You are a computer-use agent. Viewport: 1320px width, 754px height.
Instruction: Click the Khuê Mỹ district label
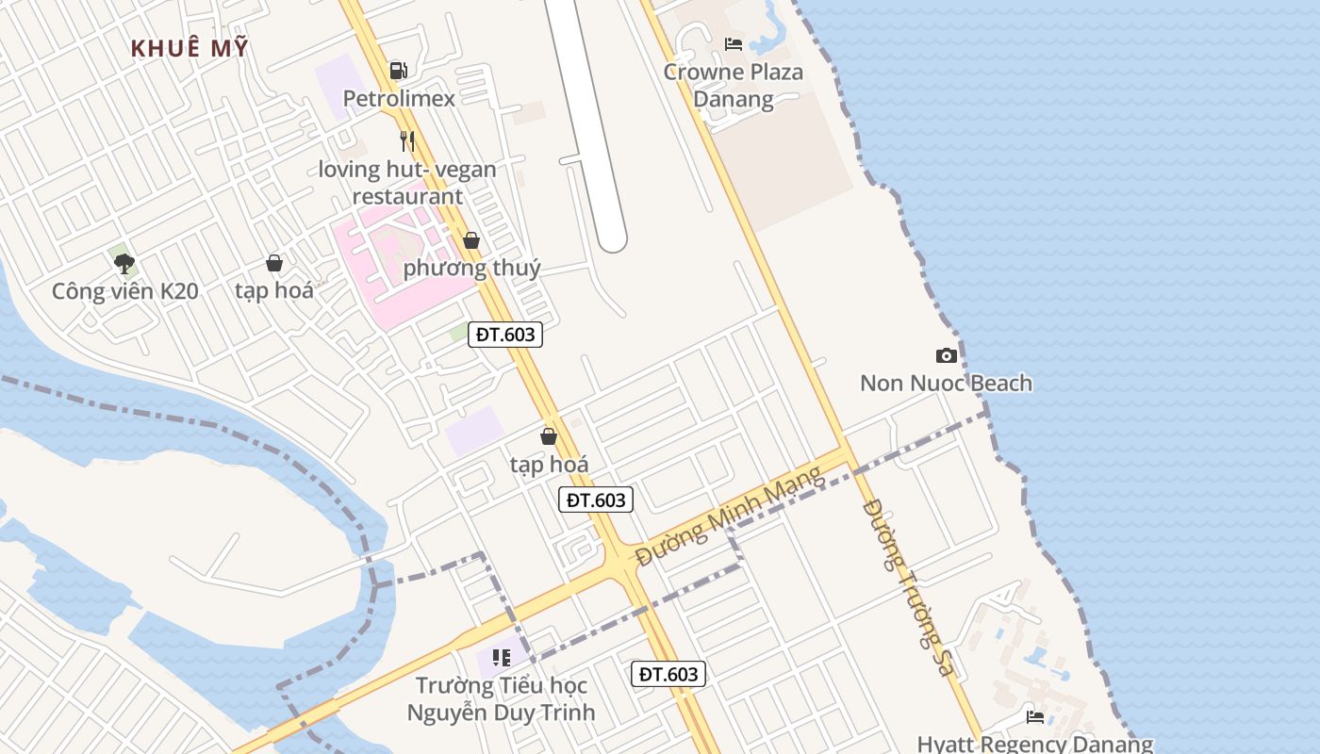click(190, 48)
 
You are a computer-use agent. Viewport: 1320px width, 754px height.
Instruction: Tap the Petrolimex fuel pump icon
click(398, 71)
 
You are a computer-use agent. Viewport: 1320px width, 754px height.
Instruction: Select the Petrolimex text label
click(399, 98)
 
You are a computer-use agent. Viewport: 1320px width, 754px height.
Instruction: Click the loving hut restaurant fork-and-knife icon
click(407, 141)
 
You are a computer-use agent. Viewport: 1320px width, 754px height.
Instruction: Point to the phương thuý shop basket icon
click(471, 240)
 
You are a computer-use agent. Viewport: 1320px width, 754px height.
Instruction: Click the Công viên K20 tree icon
click(124, 263)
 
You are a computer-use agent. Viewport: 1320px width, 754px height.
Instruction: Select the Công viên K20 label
click(124, 291)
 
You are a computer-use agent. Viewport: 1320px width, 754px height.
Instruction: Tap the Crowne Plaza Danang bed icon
click(733, 43)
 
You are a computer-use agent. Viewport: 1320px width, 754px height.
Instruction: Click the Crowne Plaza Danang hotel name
click(733, 85)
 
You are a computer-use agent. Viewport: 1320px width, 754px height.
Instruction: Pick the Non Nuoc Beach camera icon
click(946, 355)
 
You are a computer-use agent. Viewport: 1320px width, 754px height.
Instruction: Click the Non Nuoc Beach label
click(946, 383)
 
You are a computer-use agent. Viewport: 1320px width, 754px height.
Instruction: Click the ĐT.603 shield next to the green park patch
click(505, 335)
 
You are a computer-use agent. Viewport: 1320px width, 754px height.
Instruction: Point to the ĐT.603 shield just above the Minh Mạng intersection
click(596, 500)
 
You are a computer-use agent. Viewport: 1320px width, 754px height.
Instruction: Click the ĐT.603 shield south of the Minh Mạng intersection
click(668, 673)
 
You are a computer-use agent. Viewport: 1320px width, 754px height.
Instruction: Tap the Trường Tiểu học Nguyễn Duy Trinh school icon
click(501, 657)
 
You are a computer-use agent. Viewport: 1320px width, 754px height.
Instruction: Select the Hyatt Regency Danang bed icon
click(1035, 717)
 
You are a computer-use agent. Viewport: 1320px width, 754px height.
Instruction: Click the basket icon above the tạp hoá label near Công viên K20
click(274, 263)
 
